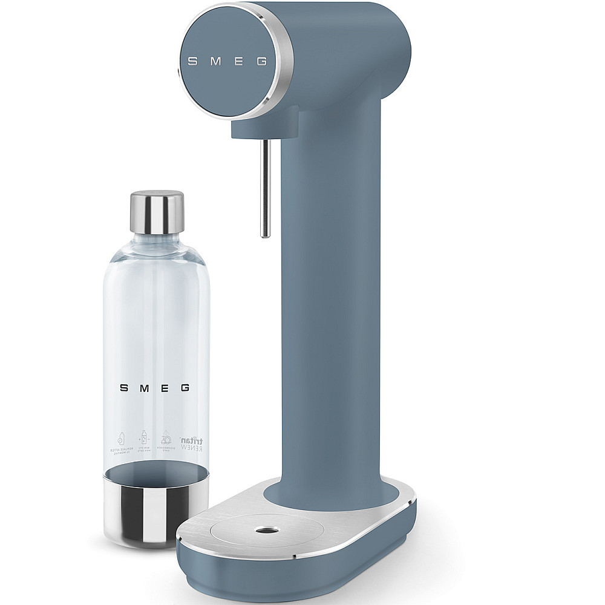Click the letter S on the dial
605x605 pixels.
tap(191, 60)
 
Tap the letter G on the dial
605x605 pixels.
tap(261, 60)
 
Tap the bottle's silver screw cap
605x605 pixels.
tap(157, 212)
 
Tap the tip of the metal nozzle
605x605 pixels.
tap(264, 234)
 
